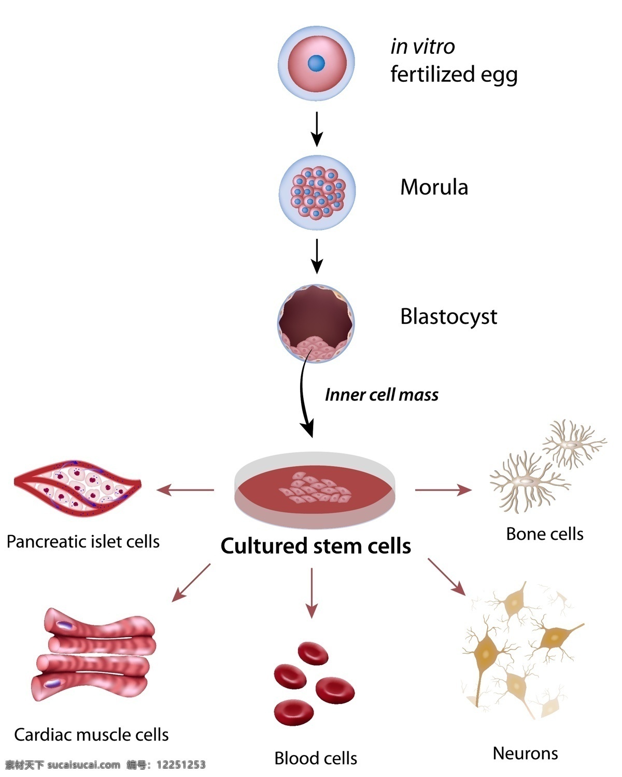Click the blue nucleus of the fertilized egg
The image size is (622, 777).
316,63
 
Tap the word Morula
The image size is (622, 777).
434,187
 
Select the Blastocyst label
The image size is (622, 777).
448,316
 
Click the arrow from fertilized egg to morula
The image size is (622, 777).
317,129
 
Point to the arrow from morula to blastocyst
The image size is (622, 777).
317,256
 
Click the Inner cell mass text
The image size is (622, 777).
381,395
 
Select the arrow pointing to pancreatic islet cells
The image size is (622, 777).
185,490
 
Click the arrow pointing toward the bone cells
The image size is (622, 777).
444,490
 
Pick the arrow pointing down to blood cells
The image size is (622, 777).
312,593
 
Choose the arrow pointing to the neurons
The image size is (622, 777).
447,577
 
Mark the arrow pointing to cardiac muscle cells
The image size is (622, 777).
191,583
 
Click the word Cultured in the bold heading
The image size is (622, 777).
264,546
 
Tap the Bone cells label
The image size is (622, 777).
545,534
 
